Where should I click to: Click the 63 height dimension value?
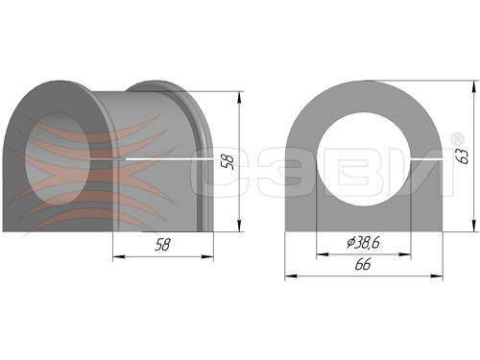tap(464, 156)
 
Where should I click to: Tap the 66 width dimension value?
tap(363, 265)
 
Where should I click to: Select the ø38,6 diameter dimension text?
tap(363, 243)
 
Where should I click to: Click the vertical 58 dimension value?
tap(228, 161)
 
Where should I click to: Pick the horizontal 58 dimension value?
tap(162, 245)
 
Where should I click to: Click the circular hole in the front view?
tap(364, 159)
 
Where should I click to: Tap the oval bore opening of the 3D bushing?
tap(58, 159)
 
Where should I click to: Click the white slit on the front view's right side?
tap(427, 158)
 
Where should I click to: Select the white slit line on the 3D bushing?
tap(169, 159)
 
